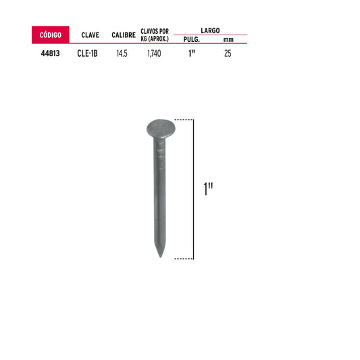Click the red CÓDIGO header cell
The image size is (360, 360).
click(x=50, y=34)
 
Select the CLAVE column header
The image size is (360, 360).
click(x=91, y=35)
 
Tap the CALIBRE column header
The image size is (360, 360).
click(x=124, y=35)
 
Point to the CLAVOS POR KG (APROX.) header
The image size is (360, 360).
click(x=155, y=35)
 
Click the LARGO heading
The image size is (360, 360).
click(x=210, y=30)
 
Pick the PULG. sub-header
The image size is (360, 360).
click(x=191, y=39)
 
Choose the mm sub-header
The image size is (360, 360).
click(x=228, y=40)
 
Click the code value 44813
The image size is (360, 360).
click(x=50, y=53)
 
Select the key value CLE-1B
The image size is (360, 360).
click(x=87, y=53)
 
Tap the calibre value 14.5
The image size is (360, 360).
click(x=122, y=53)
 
